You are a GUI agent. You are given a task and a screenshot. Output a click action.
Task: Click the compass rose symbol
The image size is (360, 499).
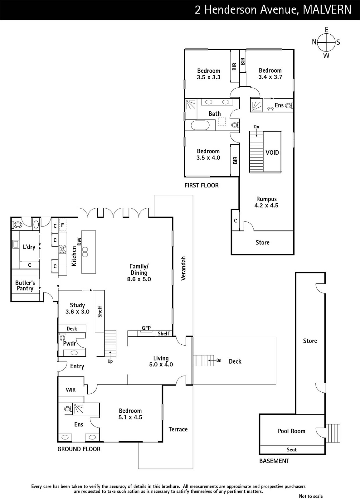point(326,42)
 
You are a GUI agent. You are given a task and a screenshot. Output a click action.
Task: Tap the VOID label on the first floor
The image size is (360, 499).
point(272,153)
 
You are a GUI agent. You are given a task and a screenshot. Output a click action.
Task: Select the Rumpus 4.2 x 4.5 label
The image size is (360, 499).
point(266,202)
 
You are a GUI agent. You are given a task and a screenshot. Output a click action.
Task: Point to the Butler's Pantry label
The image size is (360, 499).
point(25,286)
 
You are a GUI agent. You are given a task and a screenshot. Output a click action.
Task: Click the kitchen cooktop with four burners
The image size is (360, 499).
point(62,249)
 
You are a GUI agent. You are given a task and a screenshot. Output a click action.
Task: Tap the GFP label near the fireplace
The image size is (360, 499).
point(146,328)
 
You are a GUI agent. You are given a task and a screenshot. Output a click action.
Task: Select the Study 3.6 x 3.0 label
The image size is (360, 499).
point(77,308)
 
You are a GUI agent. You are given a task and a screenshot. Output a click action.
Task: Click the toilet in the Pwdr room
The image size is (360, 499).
point(62,337)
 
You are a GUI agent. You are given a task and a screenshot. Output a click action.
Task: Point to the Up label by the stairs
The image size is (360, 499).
point(110,361)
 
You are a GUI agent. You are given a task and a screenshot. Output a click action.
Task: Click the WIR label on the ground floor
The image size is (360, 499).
point(71,390)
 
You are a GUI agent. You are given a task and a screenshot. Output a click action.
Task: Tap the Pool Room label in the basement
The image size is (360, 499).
point(291,431)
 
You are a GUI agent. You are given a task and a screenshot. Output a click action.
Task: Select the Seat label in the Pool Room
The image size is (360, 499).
point(292,449)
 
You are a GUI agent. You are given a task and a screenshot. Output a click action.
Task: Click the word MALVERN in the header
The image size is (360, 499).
point(327,10)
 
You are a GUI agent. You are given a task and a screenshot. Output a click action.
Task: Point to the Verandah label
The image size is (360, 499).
point(183,269)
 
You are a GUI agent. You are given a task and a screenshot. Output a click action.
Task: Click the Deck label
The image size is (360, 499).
point(235,361)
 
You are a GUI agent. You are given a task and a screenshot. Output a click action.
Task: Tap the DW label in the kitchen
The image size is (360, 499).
point(79,242)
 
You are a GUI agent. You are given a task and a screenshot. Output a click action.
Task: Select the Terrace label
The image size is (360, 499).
point(178,429)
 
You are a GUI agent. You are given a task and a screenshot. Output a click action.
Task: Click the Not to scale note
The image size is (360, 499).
point(311,496)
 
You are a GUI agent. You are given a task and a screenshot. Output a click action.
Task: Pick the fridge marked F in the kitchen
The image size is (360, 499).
point(63,225)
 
